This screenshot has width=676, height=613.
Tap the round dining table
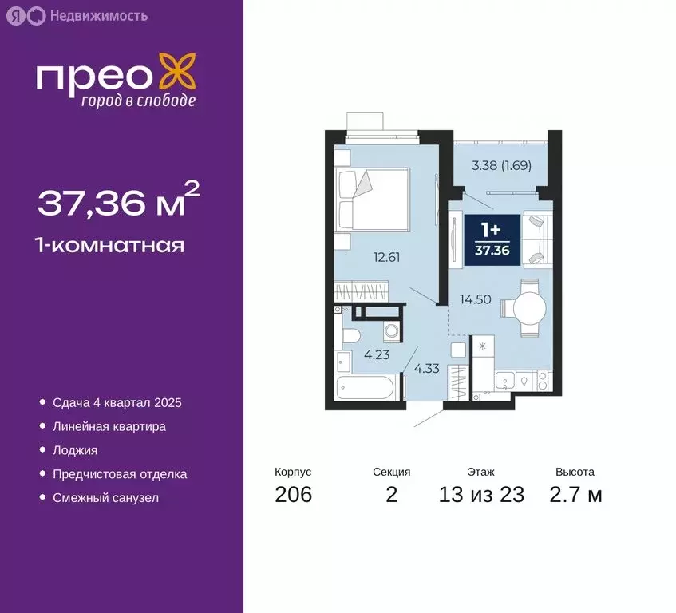(526, 308)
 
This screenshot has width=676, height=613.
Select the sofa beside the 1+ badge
(536, 237)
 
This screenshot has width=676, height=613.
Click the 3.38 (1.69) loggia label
(501, 166)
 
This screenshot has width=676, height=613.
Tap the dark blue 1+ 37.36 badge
(492, 236)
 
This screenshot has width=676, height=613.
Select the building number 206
(293, 495)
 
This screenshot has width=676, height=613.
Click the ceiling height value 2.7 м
(575, 495)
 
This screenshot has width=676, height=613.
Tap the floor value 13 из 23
(481, 495)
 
